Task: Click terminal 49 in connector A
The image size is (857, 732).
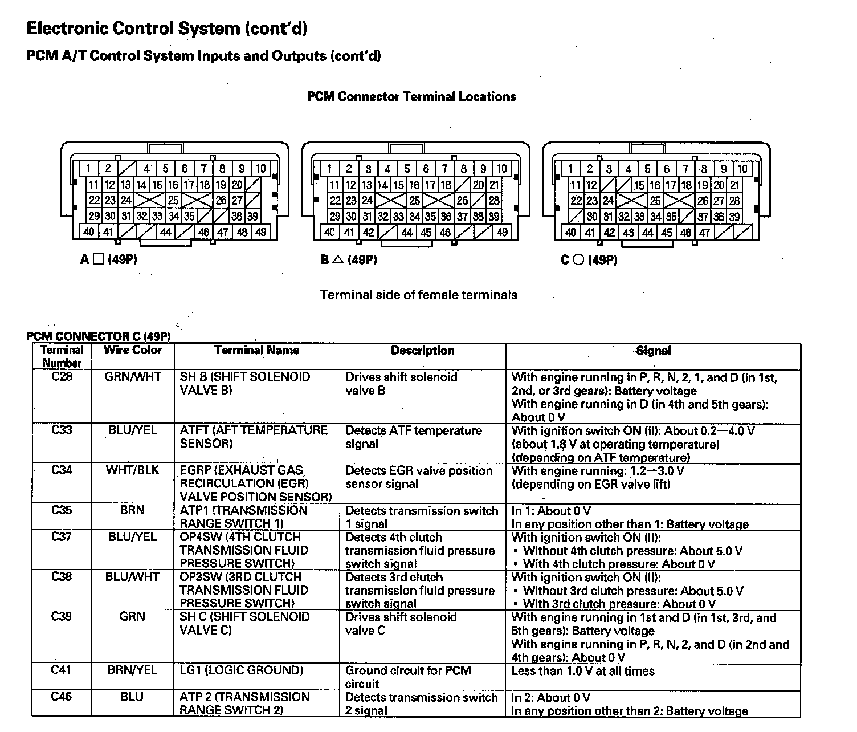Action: coord(260,232)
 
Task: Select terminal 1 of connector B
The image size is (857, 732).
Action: coord(329,169)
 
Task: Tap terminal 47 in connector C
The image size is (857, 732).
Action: coord(705,233)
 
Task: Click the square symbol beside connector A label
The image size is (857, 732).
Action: coord(99,260)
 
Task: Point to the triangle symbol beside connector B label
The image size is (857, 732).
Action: coord(338,260)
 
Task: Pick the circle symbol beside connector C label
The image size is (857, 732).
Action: coord(578,260)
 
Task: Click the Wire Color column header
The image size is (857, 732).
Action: coord(133,351)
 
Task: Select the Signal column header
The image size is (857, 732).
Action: coord(653,351)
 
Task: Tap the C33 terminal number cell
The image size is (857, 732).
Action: coord(62,430)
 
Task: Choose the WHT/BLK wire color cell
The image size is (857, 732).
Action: coord(132,470)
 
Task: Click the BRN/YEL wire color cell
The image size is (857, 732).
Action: coord(132,670)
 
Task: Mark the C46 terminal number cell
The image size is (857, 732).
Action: coord(62,697)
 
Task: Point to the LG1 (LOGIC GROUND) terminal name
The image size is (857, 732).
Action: coord(242,670)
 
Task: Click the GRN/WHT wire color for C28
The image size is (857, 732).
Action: coord(133,377)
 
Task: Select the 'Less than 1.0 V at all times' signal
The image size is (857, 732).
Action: coord(583,671)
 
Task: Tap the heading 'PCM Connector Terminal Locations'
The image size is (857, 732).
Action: coord(411,97)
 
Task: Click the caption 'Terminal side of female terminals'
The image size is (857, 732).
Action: coord(418,295)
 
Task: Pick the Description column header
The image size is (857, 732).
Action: coord(422,351)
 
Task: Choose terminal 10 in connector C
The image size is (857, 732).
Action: coord(742,169)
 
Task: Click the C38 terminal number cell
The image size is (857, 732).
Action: coord(62,577)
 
